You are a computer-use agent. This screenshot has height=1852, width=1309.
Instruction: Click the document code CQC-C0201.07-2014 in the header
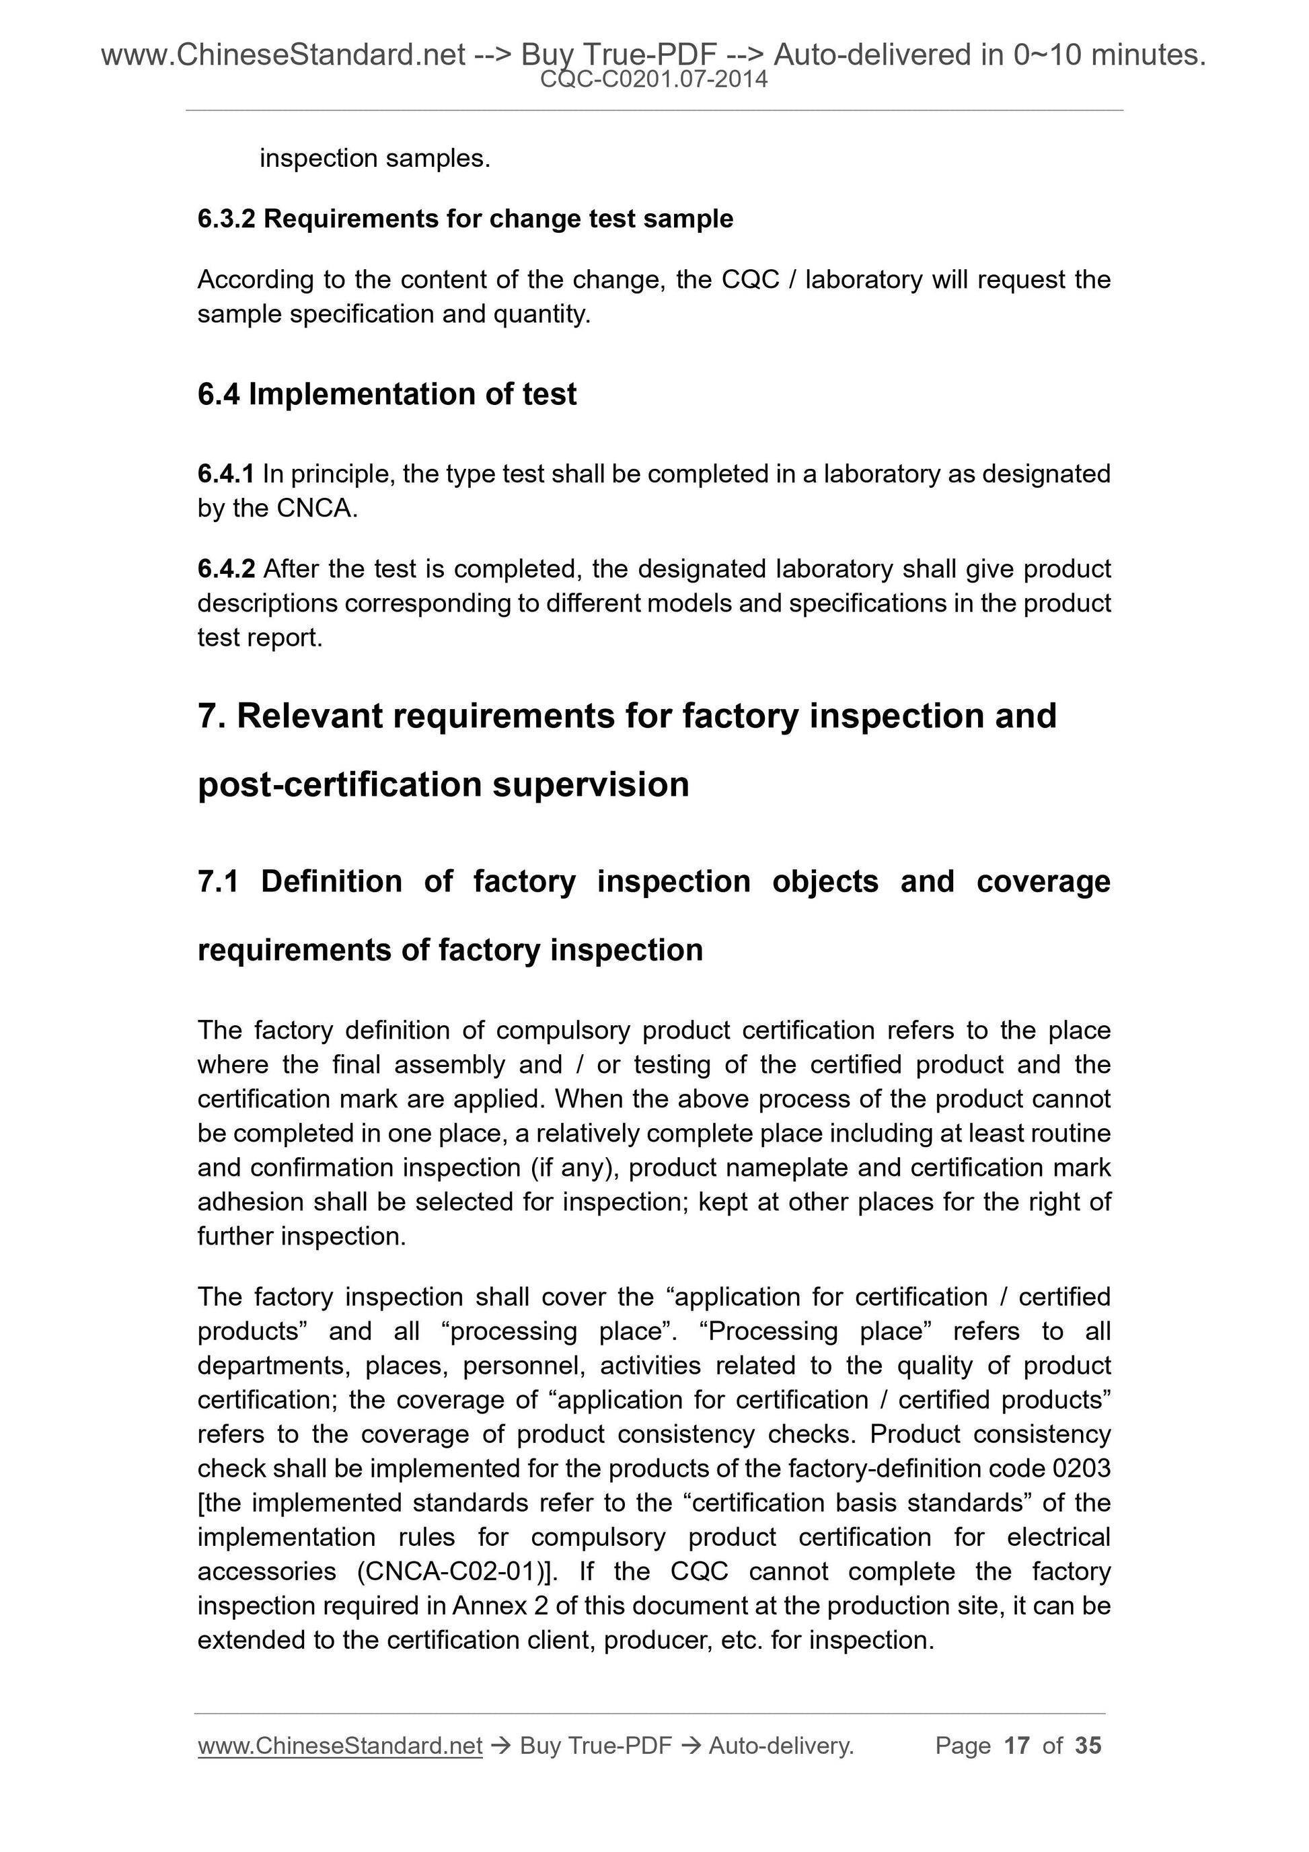tap(653, 79)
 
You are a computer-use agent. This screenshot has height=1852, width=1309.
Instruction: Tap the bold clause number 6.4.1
tap(226, 474)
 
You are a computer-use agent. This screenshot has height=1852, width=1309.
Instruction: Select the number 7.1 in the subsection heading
tap(218, 882)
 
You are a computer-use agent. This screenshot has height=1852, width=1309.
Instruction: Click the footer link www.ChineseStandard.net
tap(340, 1746)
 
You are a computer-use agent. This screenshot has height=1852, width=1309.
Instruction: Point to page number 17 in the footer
tap(1016, 1746)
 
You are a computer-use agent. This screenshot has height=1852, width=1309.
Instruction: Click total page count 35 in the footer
tap(1088, 1746)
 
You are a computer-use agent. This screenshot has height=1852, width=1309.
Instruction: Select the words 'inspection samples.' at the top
tap(375, 158)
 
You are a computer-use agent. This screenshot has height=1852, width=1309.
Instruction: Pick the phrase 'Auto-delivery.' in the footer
tap(781, 1746)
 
